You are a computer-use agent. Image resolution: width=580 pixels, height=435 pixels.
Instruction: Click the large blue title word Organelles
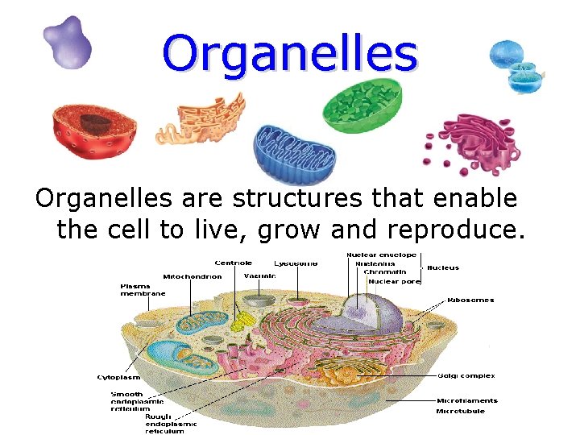pyautogui.click(x=290, y=52)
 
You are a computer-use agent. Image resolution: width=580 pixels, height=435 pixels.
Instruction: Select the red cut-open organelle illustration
pyautogui.click(x=93, y=130)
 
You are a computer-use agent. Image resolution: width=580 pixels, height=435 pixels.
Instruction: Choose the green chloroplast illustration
pyautogui.click(x=362, y=109)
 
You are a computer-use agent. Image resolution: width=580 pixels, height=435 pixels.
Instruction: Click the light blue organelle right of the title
pyautogui.click(x=516, y=64)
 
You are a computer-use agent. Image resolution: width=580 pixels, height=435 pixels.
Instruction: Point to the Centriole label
pyautogui.click(x=233, y=263)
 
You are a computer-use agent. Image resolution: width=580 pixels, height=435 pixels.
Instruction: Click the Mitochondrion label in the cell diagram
pyautogui.click(x=193, y=276)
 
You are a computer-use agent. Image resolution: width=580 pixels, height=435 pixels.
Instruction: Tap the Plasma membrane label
pyautogui.click(x=143, y=290)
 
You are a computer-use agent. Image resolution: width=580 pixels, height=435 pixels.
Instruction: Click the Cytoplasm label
pyautogui.click(x=118, y=376)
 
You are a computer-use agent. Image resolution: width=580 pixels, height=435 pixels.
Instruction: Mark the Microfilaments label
pyautogui.click(x=466, y=400)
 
